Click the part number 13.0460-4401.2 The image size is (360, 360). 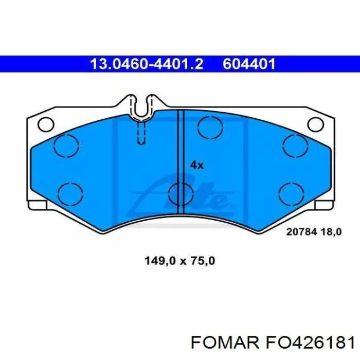147,64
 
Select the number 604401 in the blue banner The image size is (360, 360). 249,64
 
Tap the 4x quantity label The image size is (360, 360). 197,165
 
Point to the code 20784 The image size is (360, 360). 301,232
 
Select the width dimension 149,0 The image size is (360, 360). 160,261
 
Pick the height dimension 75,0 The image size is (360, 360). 202,261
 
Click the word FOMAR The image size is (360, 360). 225,343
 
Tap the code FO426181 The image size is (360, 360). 310,343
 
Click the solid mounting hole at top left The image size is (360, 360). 46,124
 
